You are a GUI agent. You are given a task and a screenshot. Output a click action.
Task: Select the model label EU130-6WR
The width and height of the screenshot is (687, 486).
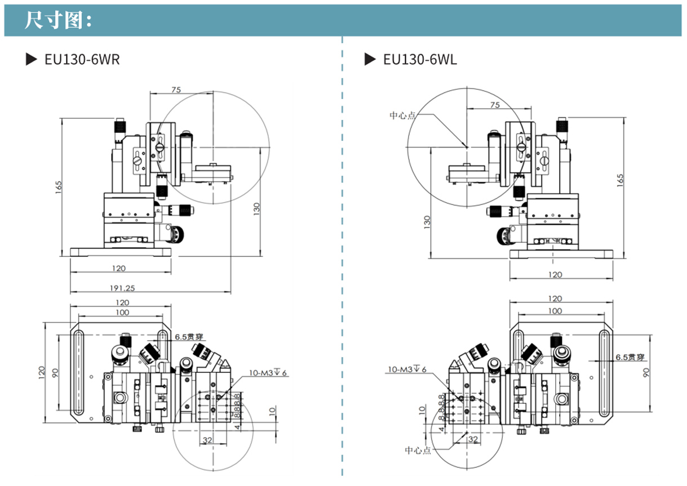[82, 59]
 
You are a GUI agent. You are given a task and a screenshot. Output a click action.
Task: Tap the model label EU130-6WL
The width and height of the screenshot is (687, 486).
[420, 59]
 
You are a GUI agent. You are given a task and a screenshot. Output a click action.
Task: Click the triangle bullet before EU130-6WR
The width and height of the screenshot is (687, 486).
[32, 59]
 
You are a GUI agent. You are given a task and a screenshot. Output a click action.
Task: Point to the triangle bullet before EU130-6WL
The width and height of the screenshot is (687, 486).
[370, 59]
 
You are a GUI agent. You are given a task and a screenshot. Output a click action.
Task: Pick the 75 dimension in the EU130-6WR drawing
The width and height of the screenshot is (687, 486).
[176, 90]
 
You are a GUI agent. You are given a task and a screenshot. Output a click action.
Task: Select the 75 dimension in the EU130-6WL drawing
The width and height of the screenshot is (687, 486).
[495, 105]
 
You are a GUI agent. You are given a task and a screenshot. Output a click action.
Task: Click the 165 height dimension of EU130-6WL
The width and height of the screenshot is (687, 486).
[621, 180]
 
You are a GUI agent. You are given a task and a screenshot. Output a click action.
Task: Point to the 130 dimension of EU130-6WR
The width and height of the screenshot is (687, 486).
[257, 209]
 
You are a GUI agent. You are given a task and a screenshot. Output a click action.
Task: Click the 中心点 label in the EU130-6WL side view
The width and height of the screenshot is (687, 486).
[402, 115]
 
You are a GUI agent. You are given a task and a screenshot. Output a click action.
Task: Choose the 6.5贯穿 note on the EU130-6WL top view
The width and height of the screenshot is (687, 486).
[630, 356]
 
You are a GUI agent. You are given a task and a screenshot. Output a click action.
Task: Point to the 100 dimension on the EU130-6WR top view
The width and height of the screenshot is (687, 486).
[122, 313]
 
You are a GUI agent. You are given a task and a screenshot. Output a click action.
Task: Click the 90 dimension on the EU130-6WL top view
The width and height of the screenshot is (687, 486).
[646, 372]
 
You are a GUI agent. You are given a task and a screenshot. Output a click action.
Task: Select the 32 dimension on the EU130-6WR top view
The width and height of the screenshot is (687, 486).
[207, 440]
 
